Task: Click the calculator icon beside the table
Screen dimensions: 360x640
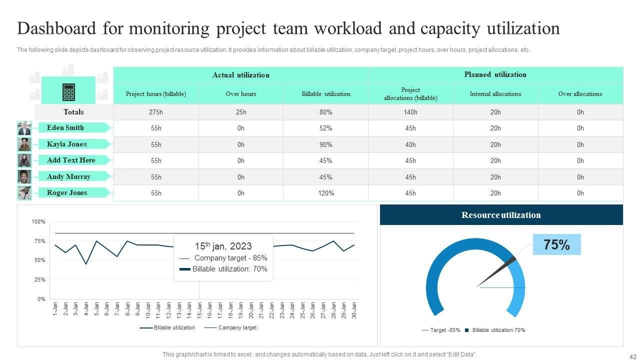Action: tap(68, 92)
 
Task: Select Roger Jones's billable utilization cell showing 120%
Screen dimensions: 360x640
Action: tap(325, 193)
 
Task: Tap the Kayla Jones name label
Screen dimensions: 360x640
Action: tap(67, 144)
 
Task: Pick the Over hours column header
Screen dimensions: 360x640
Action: tap(241, 94)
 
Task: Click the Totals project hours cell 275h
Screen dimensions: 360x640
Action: tap(156, 112)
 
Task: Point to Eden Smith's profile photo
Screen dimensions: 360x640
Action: tap(24, 128)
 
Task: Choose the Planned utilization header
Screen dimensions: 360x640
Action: tap(495, 74)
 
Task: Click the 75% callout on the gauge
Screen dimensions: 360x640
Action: tap(556, 245)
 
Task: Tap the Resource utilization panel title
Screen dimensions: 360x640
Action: tap(501, 215)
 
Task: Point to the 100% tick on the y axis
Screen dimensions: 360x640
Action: tap(38, 221)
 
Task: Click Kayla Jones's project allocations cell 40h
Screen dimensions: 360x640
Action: tap(410, 144)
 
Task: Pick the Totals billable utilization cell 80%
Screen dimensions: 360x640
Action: tap(325, 112)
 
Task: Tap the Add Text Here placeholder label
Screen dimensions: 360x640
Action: tap(71, 160)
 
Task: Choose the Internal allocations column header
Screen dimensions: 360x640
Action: tap(495, 94)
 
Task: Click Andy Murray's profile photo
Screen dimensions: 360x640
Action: tap(24, 176)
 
